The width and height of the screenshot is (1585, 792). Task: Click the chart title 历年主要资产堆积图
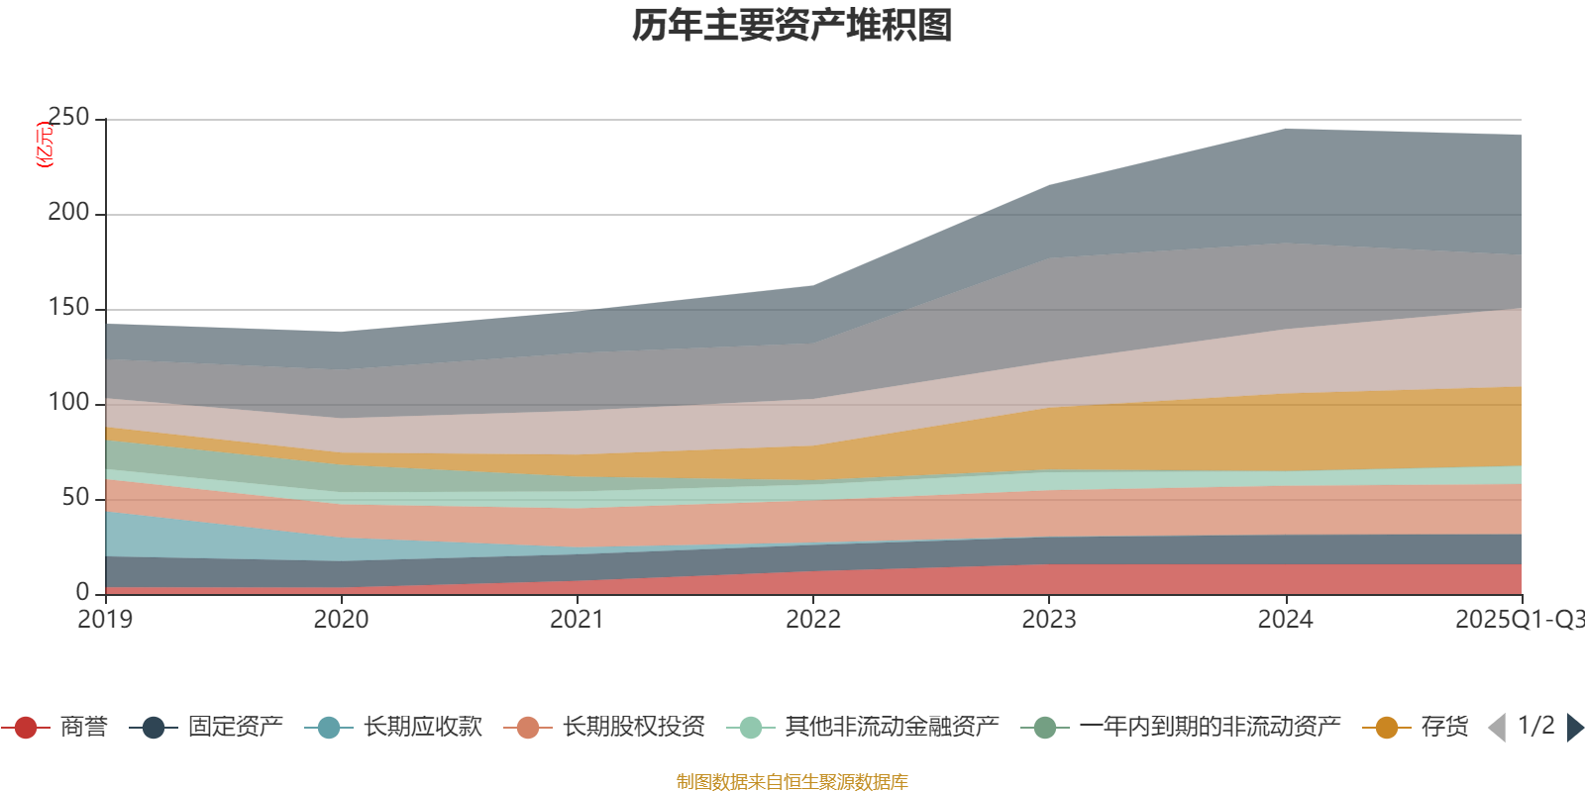click(792, 26)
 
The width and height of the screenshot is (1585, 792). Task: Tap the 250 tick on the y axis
click(68, 118)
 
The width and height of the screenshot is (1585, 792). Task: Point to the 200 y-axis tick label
click(68, 213)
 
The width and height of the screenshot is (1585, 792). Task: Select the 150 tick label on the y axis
click(68, 308)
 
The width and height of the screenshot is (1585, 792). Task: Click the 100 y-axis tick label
click(68, 403)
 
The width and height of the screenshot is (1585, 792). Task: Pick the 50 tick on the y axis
click(75, 498)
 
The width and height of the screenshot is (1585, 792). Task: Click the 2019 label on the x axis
click(105, 620)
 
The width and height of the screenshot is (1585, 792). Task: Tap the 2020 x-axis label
click(341, 620)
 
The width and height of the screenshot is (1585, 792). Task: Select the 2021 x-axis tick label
click(577, 620)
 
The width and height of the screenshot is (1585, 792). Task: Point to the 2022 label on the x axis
click(812, 620)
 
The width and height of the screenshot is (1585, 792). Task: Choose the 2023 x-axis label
click(1049, 620)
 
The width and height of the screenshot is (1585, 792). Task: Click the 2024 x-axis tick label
click(1285, 620)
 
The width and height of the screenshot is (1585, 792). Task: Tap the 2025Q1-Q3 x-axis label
click(1519, 620)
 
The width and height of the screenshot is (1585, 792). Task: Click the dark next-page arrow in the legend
click(1574, 728)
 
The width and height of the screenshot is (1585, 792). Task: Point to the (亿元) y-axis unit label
click(45, 146)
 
